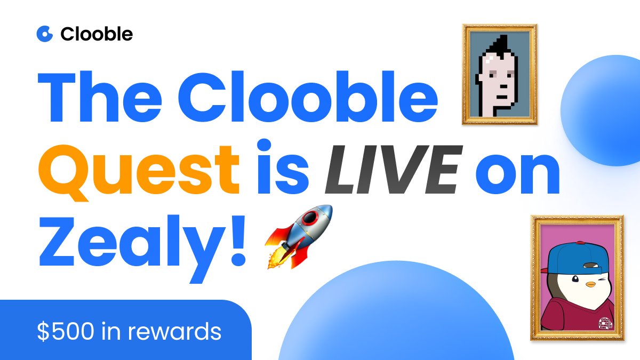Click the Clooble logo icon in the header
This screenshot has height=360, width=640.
pos(45,34)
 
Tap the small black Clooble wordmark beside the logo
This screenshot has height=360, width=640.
pos(97,34)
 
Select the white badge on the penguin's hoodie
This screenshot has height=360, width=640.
pos(605,322)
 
